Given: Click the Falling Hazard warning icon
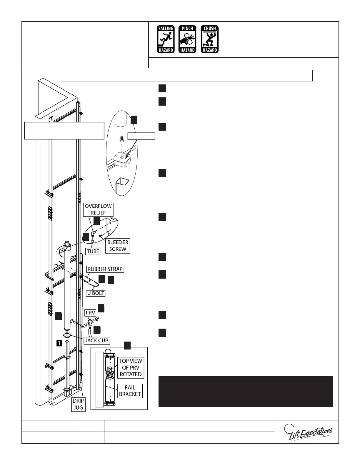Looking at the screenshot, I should point(166,39).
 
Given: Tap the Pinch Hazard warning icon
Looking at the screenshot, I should point(187,39).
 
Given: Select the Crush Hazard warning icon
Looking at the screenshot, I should point(210,39).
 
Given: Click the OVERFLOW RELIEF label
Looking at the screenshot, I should point(98,209).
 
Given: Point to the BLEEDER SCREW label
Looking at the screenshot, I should point(118,246).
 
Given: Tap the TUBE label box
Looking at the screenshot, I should point(93,251).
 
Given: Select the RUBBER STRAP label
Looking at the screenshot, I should point(105,269).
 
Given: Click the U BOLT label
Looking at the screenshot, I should point(96,293).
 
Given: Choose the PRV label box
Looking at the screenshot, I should point(90,313).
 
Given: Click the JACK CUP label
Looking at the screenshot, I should point(97,340).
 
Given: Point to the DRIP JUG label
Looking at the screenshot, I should point(78,404).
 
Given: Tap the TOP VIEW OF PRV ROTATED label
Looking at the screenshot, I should point(130,367).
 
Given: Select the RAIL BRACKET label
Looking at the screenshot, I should point(130,391).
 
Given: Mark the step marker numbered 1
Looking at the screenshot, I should point(59,343).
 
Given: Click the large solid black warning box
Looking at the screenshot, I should point(246,391).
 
